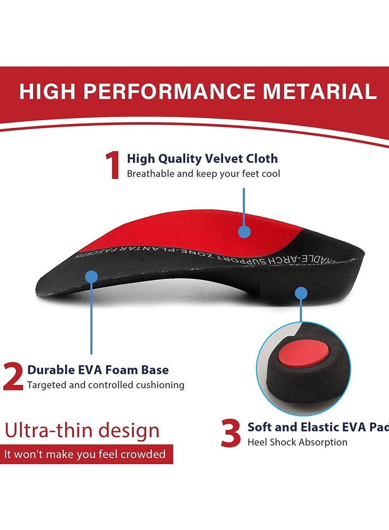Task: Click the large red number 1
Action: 113,166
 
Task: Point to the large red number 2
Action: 13,376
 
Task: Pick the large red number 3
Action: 230,433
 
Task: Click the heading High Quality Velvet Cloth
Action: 202,158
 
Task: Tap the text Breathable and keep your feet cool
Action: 203,173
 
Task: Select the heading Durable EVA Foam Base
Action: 98,370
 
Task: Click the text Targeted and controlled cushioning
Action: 106,385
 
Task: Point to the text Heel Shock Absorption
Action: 297,442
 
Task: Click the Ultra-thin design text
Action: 82,430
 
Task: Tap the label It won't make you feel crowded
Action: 85,455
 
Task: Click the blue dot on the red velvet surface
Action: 245,232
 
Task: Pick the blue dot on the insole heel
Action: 301,293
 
